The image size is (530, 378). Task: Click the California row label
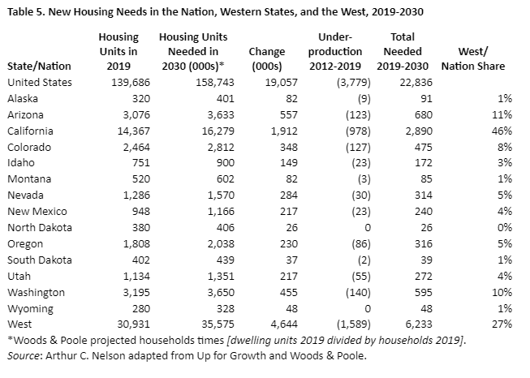pyautogui.click(x=32, y=131)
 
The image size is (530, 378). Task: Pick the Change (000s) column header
pyautogui.click(x=267, y=58)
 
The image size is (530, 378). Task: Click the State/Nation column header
pyautogui.click(x=39, y=66)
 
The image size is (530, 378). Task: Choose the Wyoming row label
pyautogui.click(x=30, y=309)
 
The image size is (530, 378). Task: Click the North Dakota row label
pyautogui.click(x=38, y=228)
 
